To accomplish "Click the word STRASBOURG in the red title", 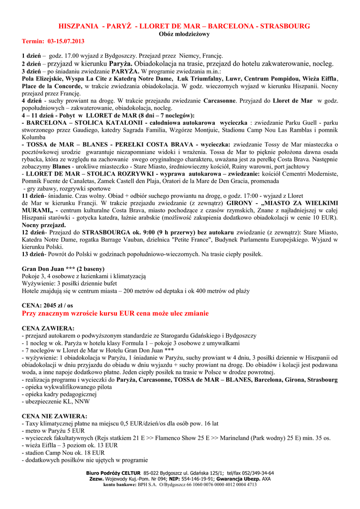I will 285,26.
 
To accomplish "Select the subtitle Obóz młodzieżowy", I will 184,34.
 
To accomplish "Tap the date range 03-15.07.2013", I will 66,41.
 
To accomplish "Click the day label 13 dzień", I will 33,254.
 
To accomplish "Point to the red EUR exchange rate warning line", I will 115,314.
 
